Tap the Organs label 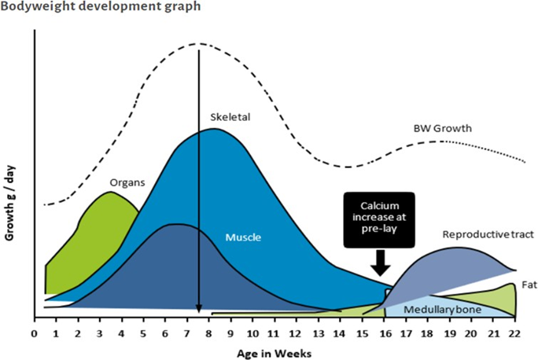[x=127, y=182]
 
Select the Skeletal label [x=230, y=117]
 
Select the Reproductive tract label [x=479, y=234]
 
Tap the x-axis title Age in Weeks [x=274, y=351]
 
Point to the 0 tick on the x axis [x=34, y=333]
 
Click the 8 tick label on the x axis [x=209, y=333]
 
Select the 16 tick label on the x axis [x=384, y=333]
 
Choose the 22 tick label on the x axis [x=515, y=333]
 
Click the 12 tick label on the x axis [x=297, y=333]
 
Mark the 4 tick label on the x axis [x=122, y=333]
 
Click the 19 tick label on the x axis [x=450, y=333]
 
